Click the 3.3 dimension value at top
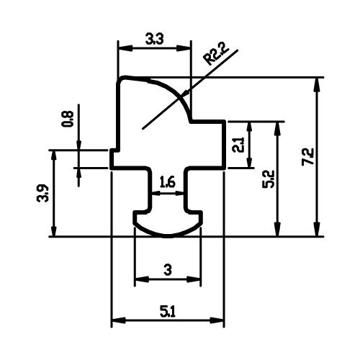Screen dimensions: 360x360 [155, 40]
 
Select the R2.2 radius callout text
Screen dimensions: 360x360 [216, 55]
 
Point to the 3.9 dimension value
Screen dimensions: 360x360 [43, 194]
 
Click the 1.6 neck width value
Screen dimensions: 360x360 [168, 183]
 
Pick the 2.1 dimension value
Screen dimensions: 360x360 [239, 145]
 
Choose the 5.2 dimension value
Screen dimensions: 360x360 [268, 179]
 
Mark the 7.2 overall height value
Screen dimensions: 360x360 [308, 156]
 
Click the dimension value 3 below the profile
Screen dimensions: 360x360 [168, 270]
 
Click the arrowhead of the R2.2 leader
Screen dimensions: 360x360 [186, 94]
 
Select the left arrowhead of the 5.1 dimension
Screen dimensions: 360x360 [119, 320]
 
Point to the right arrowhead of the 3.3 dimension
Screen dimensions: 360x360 [184, 48]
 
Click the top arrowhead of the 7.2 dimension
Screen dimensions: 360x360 [317, 84]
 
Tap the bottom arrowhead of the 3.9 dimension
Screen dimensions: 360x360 [54, 230]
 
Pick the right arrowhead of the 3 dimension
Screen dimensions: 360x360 [194, 279]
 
